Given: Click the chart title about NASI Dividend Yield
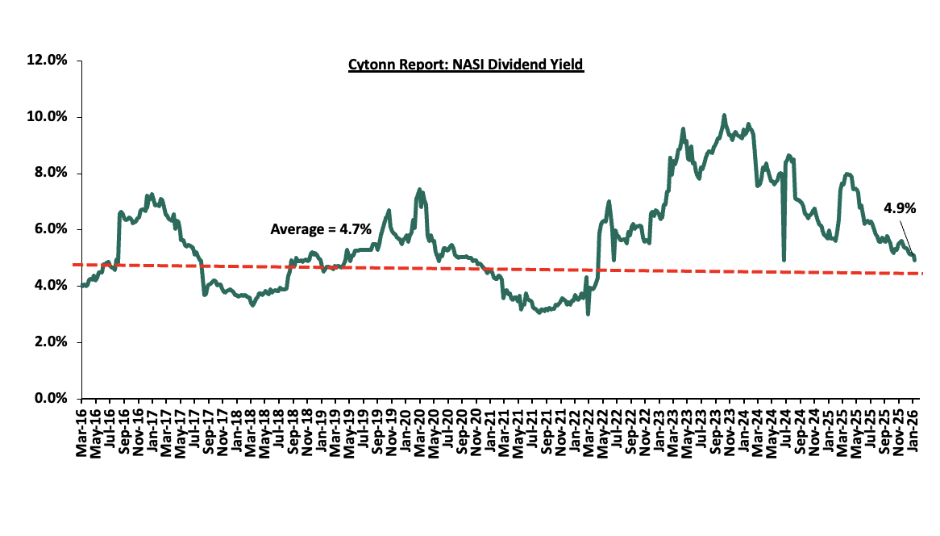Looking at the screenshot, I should (466, 65).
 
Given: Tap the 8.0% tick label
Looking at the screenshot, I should (52, 174).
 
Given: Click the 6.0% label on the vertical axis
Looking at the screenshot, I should (52, 229).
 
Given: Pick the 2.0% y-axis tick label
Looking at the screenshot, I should (52, 342).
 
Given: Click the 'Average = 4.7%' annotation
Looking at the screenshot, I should (321, 229).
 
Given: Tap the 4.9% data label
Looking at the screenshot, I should (900, 208).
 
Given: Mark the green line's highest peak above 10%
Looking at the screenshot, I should (724, 115).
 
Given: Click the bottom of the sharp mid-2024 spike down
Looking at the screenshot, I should (784, 260).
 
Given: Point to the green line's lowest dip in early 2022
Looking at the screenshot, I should (588, 313).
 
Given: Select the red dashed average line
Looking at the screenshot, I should (484, 270).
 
